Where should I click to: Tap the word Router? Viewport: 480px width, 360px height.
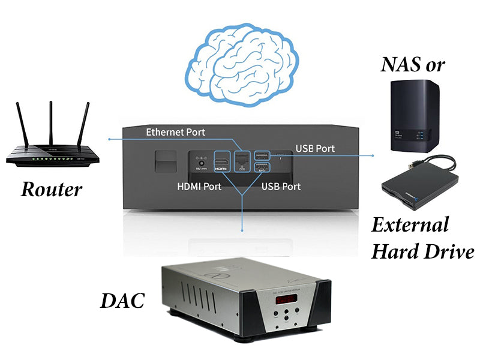[x=52, y=190]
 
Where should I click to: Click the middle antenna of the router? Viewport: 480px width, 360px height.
[x=51, y=123]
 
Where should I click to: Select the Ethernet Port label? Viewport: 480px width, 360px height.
[x=175, y=132]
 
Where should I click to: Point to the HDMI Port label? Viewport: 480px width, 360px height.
[x=199, y=186]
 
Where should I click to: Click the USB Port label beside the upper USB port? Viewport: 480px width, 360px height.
[x=315, y=148]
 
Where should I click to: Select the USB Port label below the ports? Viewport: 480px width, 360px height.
[x=281, y=186]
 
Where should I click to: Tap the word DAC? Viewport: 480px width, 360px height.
[x=123, y=301]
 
